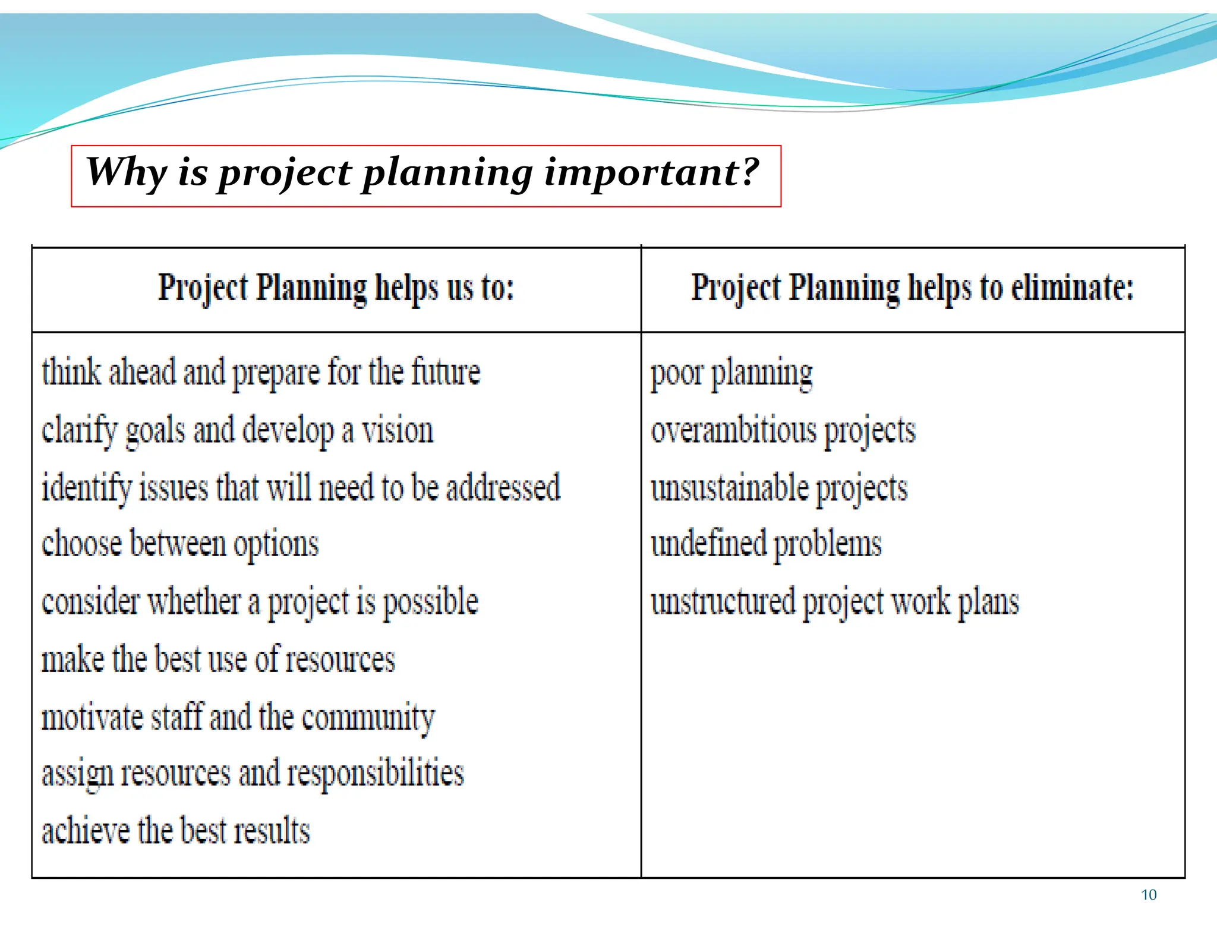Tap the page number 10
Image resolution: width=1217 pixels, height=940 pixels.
tap(1149, 895)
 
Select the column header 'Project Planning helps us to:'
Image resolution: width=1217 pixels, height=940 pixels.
tap(336, 289)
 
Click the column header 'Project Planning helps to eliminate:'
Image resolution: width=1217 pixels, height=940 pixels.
tap(912, 289)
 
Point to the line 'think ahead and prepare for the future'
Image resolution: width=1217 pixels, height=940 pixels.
tap(261, 373)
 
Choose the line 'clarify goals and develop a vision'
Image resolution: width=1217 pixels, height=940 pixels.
tap(238, 431)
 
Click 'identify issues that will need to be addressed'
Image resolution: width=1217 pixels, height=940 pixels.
tap(301, 488)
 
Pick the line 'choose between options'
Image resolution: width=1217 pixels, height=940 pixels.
tap(180, 544)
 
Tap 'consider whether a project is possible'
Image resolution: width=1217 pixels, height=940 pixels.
tap(260, 602)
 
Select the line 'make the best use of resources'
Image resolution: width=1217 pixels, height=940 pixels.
tap(218, 660)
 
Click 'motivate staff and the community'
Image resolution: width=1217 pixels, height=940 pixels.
tap(238, 717)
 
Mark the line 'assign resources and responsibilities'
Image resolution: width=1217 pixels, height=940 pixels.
tap(253, 774)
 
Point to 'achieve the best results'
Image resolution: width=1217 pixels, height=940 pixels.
tap(176, 831)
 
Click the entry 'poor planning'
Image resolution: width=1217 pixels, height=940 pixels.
tap(732, 374)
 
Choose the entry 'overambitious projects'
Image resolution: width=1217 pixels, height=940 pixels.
tap(783, 431)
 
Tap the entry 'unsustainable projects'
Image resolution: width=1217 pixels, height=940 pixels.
tap(779, 489)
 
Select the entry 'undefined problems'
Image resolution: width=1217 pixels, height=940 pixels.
tap(766, 544)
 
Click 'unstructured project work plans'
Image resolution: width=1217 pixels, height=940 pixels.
tap(835, 602)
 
